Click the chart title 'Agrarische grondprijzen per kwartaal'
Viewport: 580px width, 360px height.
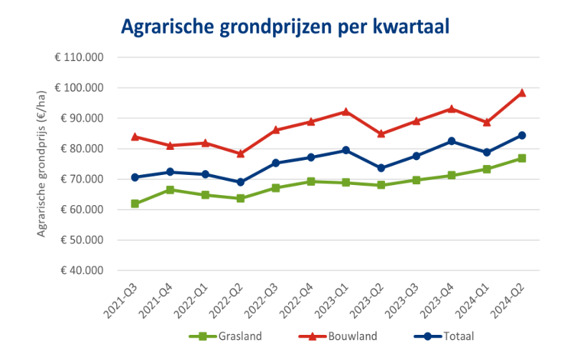[x=285, y=27]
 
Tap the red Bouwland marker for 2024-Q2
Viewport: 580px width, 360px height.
[x=522, y=93]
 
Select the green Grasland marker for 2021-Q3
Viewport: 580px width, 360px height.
[x=135, y=204]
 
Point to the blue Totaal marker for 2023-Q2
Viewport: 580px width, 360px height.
[x=381, y=168]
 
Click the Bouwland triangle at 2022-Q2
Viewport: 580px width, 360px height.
[x=240, y=153]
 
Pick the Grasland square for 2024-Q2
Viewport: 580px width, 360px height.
[x=522, y=158]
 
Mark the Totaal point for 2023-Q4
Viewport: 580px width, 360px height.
[x=452, y=141]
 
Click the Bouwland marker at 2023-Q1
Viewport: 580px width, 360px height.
[x=346, y=111]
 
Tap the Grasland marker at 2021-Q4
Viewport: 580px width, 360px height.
[x=170, y=190]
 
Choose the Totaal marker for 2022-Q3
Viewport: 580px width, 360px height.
[x=275, y=163]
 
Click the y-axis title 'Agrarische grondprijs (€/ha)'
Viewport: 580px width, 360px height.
[x=42, y=164]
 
